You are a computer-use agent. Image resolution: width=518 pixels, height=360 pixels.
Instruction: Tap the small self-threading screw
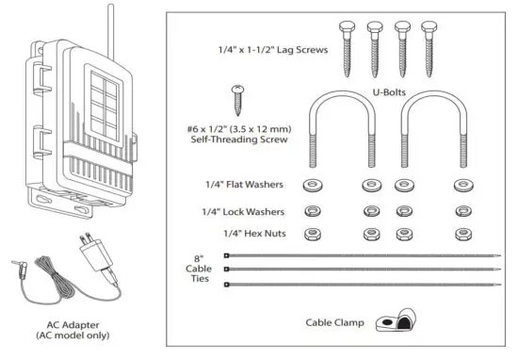point(237,100)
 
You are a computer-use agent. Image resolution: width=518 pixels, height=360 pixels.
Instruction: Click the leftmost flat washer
point(310,185)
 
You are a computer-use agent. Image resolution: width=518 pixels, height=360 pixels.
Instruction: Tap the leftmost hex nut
point(310,233)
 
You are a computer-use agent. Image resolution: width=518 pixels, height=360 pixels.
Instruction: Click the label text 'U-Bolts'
point(387,93)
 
